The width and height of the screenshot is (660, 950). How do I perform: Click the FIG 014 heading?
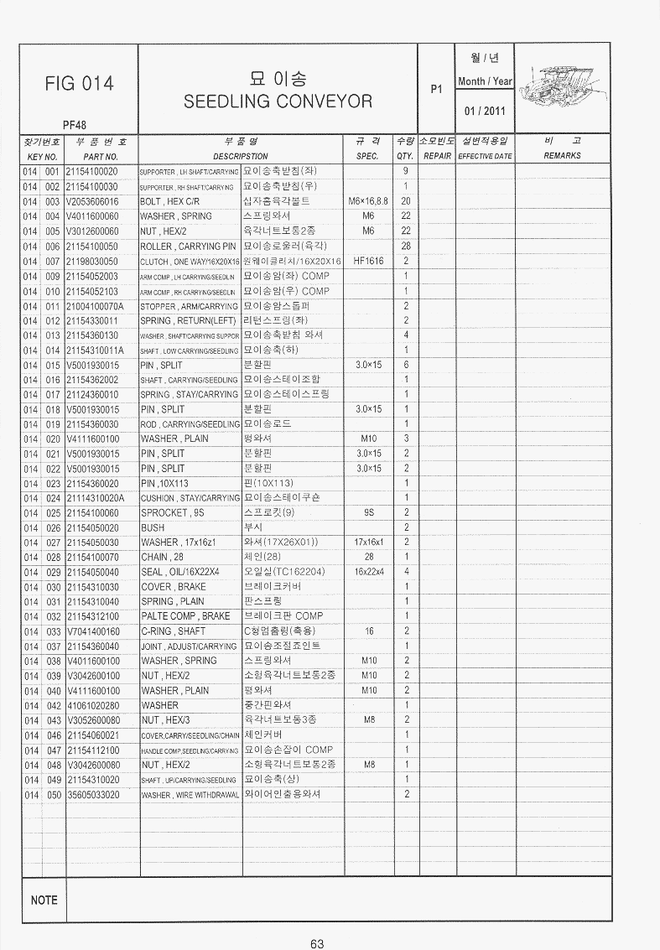click(80, 83)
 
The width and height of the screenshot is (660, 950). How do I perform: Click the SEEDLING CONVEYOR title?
click(278, 101)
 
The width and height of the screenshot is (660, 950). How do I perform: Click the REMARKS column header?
click(562, 156)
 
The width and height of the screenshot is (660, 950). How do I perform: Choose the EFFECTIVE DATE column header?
click(484, 157)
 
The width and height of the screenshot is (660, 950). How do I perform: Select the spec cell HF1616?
click(368, 261)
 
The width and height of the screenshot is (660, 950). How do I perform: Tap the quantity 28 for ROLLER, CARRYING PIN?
click(406, 246)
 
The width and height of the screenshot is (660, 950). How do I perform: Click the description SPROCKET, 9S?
click(172, 512)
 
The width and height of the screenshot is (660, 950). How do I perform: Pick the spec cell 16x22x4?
click(368, 572)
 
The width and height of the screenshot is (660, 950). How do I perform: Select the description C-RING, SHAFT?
click(173, 631)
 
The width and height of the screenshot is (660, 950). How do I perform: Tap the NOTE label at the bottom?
click(44, 901)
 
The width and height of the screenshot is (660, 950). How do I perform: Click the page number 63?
click(317, 943)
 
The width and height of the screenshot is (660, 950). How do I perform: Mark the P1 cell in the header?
click(436, 86)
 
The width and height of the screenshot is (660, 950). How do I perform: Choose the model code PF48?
click(75, 125)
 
